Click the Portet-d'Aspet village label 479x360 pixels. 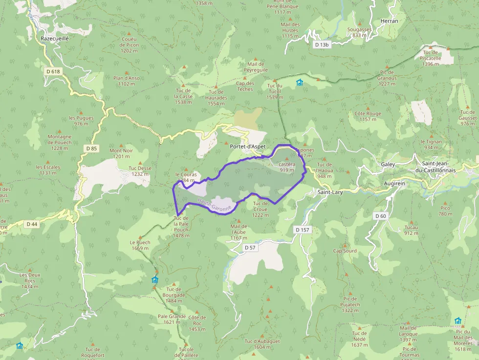pyautogui.click(x=247, y=146)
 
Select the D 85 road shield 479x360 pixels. pyautogui.click(x=91, y=148)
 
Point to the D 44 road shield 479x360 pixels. pyautogui.click(x=32, y=224)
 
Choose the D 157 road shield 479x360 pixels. pyautogui.click(x=303, y=229)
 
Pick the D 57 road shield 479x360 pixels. pyautogui.click(x=250, y=248)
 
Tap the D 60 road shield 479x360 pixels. pyautogui.click(x=380, y=216)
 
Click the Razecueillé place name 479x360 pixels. pyautogui.click(x=55, y=38)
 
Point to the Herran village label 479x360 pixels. pyautogui.click(x=389, y=21)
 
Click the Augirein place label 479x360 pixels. pyautogui.click(x=394, y=183)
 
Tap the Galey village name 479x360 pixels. pyautogui.click(x=388, y=165)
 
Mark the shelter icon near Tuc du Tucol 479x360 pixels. pyautogui.click(x=300, y=83)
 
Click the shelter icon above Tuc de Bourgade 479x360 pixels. pyautogui.click(x=155, y=280)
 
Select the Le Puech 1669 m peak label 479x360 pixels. pyautogui.click(x=140, y=245)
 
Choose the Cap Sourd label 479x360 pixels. pyautogui.click(x=345, y=251)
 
